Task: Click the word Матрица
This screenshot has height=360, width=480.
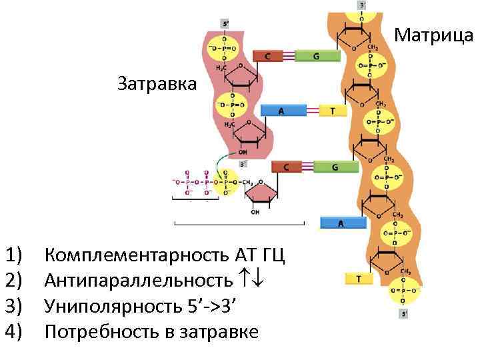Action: pyautogui.click(x=434, y=33)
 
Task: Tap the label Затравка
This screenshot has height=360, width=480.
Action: pyautogui.click(x=157, y=83)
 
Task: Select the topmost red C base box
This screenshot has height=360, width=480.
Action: pyautogui.click(x=268, y=57)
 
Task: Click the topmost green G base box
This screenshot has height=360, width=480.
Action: pyautogui.click(x=316, y=57)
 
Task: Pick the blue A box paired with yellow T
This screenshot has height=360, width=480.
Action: pyautogui.click(x=281, y=111)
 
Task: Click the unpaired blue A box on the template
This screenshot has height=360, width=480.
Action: pyautogui.click(x=341, y=223)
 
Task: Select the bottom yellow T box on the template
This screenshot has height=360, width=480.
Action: pyautogui.click(x=359, y=279)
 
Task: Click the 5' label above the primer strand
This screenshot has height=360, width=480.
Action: pyautogui.click(x=225, y=23)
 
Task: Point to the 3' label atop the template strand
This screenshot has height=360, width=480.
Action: pyautogui.click(x=362, y=5)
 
